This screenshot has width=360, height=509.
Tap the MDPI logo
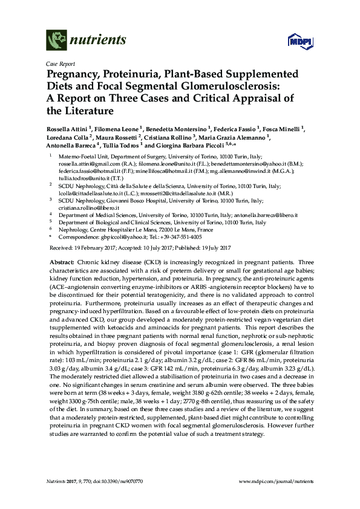coord(296,41)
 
